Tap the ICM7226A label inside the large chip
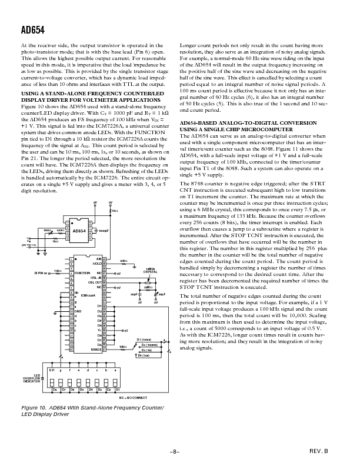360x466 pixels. pyautogui.click(x=81, y=295)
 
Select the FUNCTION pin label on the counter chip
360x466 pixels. pyautogui.click(x=82, y=274)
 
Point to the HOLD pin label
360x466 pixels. pyautogui.click(x=98, y=263)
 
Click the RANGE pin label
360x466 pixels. pyautogui.click(x=96, y=350)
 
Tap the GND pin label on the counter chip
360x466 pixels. pyautogui.click(x=78, y=311)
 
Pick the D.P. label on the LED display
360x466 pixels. pyautogui.click(x=51, y=370)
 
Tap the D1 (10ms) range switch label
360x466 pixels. pyautogui.click(x=144, y=339)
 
